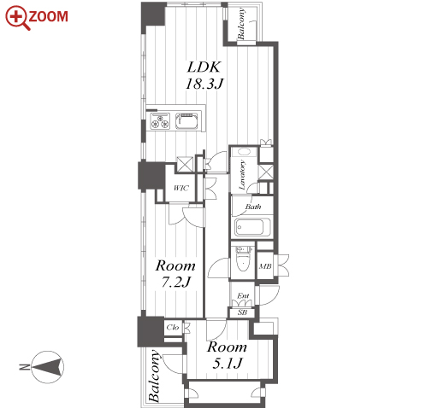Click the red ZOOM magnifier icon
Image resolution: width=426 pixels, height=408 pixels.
(x=17, y=18)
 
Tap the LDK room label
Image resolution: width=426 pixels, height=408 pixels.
(x=204, y=67)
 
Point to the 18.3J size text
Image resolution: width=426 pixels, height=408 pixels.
(x=204, y=84)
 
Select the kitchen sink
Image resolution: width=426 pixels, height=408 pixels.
(x=186, y=121)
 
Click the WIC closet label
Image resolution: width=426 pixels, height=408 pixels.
(x=181, y=188)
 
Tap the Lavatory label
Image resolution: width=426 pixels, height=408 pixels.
(x=242, y=175)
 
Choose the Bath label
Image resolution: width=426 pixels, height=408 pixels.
(x=252, y=207)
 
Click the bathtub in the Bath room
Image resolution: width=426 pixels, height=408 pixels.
(x=252, y=227)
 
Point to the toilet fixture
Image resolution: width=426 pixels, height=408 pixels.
(x=243, y=259)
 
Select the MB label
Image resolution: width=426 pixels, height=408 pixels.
(x=265, y=266)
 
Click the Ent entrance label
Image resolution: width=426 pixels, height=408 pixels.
(x=243, y=296)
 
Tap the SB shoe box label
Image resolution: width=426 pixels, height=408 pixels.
(x=242, y=312)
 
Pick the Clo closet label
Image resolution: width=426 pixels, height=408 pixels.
(x=173, y=327)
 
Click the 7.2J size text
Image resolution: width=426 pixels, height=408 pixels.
(x=176, y=283)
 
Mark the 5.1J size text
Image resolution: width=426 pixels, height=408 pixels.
(x=228, y=364)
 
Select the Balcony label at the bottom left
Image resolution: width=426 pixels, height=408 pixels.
(x=154, y=376)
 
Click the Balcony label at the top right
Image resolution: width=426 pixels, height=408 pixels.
(x=241, y=24)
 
